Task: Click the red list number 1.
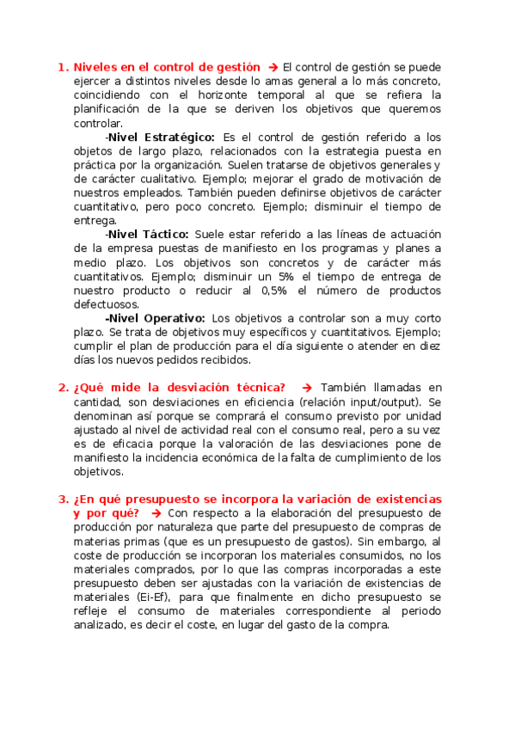pos(62,66)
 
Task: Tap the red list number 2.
pos(62,388)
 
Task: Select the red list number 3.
pos(62,499)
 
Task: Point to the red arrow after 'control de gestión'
pos(273,66)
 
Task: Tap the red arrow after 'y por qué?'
pos(156,513)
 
